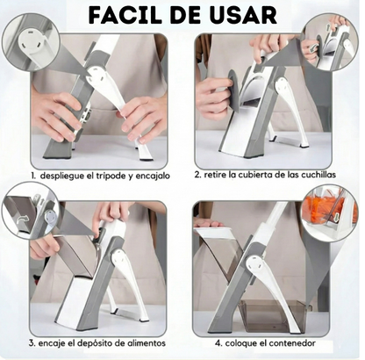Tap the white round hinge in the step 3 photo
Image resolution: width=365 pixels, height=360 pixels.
tap(120, 258)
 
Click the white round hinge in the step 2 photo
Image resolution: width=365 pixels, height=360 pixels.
tap(283, 87)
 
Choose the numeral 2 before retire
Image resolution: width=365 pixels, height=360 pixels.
tap(197, 175)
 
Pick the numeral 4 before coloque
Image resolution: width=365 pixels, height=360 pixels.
tap(218, 343)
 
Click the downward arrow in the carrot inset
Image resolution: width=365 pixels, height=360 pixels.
tap(336, 217)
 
